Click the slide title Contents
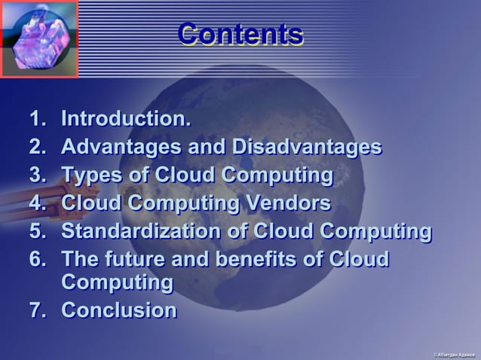point(240,35)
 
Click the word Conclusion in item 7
point(118,310)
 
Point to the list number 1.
point(37,119)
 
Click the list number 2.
point(37,147)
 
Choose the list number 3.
point(37,175)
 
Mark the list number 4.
point(37,203)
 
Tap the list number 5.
point(37,231)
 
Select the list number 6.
point(37,259)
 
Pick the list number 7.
point(37,310)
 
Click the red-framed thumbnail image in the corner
point(39,39)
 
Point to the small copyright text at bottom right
point(453,354)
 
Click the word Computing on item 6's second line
point(116,283)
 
